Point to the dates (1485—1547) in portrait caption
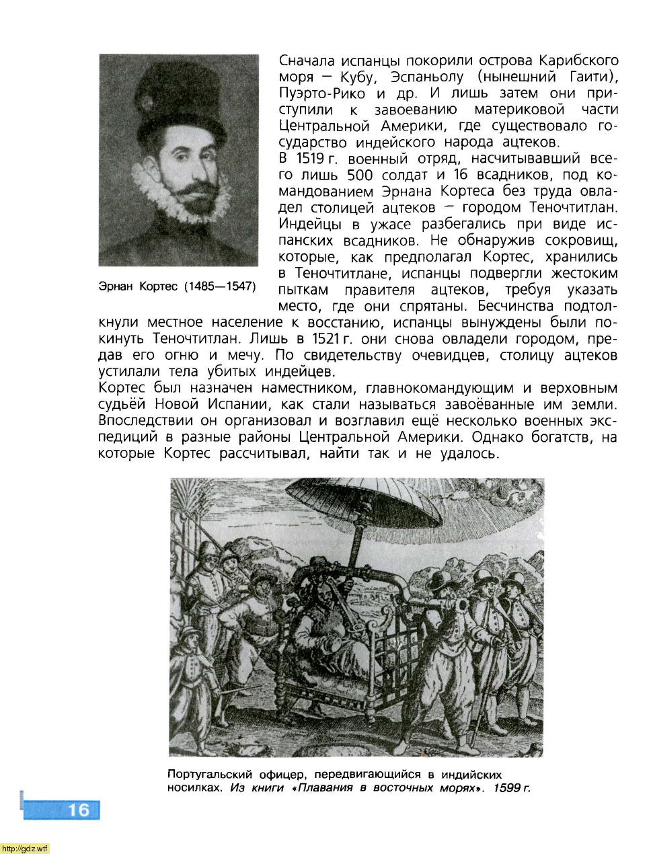(220, 286)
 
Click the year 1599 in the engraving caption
(506, 788)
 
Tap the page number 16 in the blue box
(78, 810)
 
